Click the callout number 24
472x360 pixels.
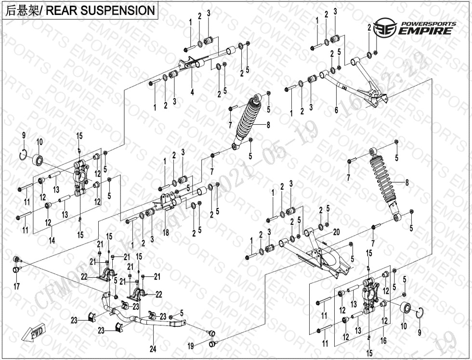click(x=153, y=349)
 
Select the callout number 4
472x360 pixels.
click(x=192, y=91)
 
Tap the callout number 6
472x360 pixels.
click(x=336, y=110)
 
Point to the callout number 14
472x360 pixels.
click(x=52, y=239)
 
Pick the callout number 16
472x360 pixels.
click(x=383, y=341)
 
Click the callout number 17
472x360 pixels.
click(x=16, y=287)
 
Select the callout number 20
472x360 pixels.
click(x=337, y=231)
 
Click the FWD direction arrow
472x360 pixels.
click(x=34, y=333)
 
